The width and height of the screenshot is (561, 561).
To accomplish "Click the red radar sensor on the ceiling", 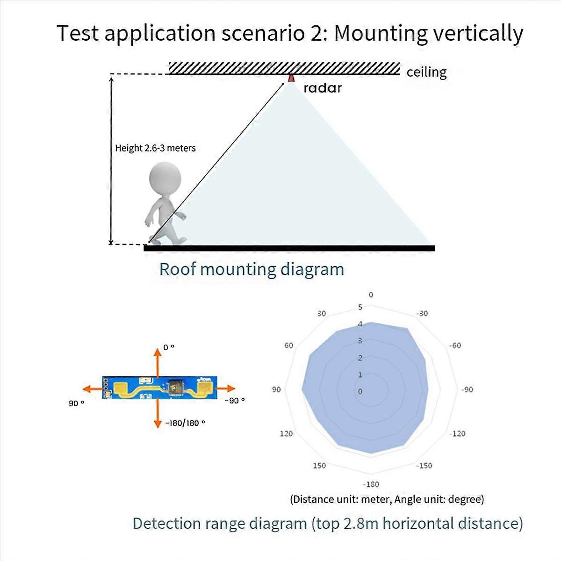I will pyautogui.click(x=291, y=78).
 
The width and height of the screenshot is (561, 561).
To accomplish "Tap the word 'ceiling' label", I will pyautogui.click(x=426, y=72).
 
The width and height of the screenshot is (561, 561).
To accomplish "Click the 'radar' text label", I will pyautogui.click(x=323, y=87).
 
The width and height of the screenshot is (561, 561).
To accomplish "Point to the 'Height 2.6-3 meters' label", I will pyautogui.click(x=155, y=148).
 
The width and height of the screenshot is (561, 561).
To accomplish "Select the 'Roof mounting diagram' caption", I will pyautogui.click(x=252, y=269).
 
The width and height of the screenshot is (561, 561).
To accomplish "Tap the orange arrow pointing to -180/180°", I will pyautogui.click(x=158, y=416).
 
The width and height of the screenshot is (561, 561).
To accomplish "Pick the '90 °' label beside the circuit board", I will pyautogui.click(x=76, y=403).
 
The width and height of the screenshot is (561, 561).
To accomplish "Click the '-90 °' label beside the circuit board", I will pyautogui.click(x=235, y=401).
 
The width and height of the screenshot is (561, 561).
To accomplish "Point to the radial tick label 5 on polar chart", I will pyautogui.click(x=360, y=308).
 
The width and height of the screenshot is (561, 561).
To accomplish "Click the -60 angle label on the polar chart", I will pyautogui.click(x=454, y=345).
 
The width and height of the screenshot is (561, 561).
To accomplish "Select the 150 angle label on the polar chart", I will pyautogui.click(x=319, y=465).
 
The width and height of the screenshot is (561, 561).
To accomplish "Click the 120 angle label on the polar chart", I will pyautogui.click(x=286, y=433).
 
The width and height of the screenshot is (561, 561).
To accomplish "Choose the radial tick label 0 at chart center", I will pyautogui.click(x=360, y=391).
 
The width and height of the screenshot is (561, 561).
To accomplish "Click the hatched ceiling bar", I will pyautogui.click(x=284, y=68).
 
